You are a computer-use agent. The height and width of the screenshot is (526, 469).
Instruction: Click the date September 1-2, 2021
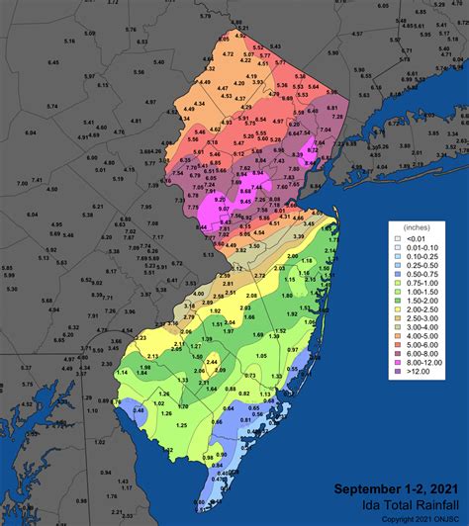pyautogui.click(x=396, y=489)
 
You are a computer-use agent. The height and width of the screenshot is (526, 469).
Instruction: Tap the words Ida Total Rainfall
pyautogui.click(x=401, y=504)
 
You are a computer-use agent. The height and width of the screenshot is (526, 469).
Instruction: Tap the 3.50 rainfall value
pyautogui.click(x=282, y=245)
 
